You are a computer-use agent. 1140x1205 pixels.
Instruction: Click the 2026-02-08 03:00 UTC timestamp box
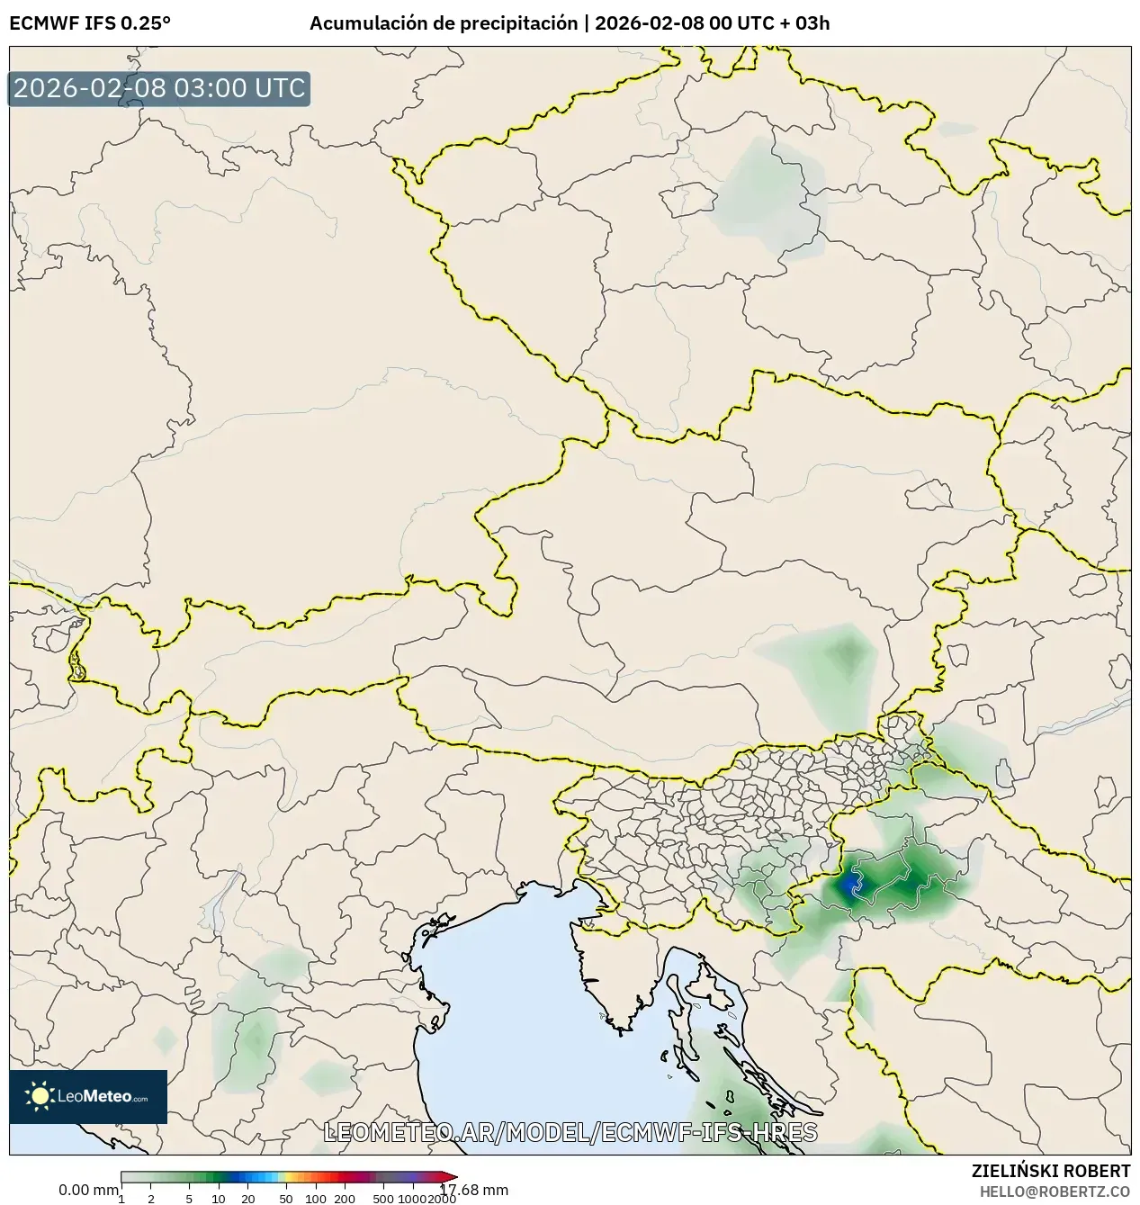tap(159, 89)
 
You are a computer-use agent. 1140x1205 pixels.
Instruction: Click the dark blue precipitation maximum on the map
tap(850, 888)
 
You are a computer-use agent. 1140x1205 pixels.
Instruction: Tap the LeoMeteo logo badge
tap(88, 1096)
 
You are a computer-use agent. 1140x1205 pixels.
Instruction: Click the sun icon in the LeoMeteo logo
tap(40, 1096)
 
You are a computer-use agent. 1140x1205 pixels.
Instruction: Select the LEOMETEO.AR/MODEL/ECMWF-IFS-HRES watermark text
tap(570, 1132)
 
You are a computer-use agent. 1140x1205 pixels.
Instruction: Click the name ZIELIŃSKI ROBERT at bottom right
tap(1050, 1171)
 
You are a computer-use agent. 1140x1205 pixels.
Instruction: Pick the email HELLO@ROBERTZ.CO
tap(1055, 1192)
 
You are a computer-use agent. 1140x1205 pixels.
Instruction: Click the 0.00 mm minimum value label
tap(88, 1190)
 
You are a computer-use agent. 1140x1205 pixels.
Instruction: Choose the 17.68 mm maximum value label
tap(474, 1190)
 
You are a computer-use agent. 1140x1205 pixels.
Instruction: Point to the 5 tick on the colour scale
tap(189, 1199)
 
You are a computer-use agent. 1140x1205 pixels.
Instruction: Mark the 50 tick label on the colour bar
tap(286, 1199)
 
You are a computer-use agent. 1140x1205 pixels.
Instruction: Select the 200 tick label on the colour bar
tap(345, 1199)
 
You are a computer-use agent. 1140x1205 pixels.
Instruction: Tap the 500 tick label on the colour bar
tap(383, 1199)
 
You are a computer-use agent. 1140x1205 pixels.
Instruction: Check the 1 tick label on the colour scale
tap(121, 1199)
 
